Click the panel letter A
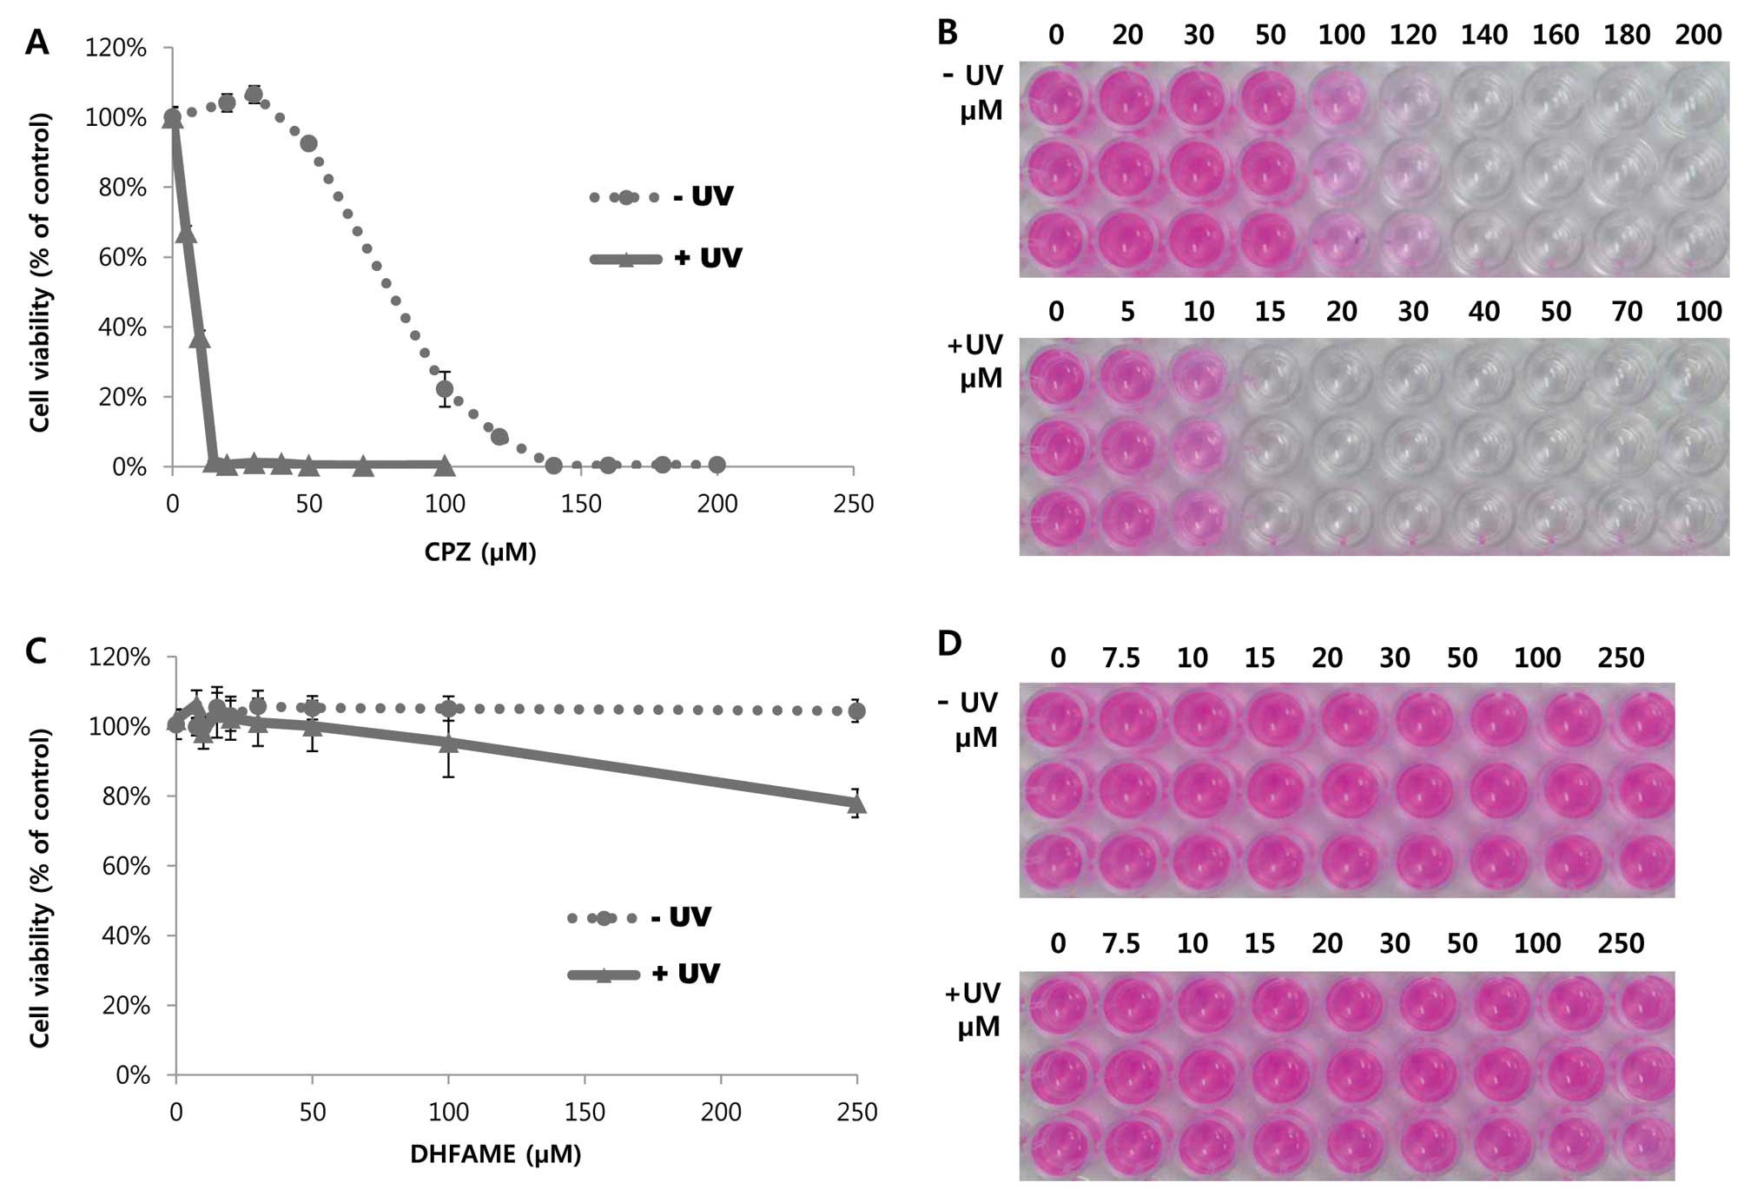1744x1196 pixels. pyautogui.click(x=36, y=42)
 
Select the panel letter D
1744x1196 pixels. pyautogui.click(x=949, y=644)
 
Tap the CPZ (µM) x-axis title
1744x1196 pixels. pyautogui.click(x=480, y=552)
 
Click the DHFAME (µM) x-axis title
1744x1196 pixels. pyautogui.click(x=496, y=1154)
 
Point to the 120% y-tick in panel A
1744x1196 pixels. pyautogui.click(x=116, y=48)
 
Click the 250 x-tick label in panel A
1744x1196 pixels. pyautogui.click(x=853, y=505)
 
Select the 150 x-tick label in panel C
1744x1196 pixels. pyautogui.click(x=585, y=1113)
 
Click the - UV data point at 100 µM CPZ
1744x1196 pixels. pyautogui.click(x=445, y=389)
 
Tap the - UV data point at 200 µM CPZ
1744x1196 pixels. pyautogui.click(x=717, y=465)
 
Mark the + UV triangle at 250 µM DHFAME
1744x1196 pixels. pyautogui.click(x=856, y=804)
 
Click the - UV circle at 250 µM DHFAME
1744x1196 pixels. pyautogui.click(x=856, y=711)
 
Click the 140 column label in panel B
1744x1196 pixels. pyautogui.click(x=1483, y=35)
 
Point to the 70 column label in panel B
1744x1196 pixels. pyautogui.click(x=1627, y=312)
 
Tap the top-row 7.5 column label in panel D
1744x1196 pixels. pyautogui.click(x=1121, y=658)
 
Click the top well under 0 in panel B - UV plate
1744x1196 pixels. pyautogui.click(x=1056, y=96)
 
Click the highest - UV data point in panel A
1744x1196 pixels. pyautogui.click(x=254, y=95)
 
